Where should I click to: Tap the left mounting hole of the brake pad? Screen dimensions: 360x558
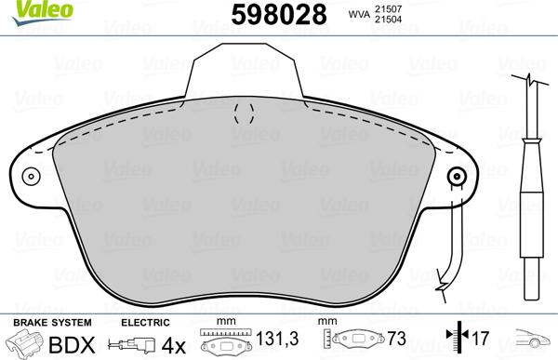click(32, 177)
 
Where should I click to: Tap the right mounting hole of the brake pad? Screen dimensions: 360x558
click(456, 177)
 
